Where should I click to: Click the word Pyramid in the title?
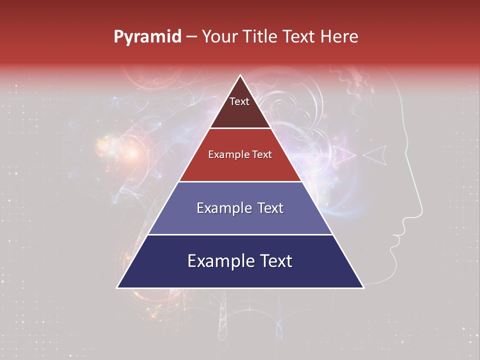click(x=147, y=37)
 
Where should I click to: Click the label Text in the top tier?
click(x=239, y=102)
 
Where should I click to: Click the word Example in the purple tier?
click(x=218, y=208)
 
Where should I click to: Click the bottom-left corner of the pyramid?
click(x=117, y=287)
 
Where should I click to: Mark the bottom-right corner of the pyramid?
click(x=363, y=287)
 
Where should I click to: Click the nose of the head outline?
click(x=421, y=207)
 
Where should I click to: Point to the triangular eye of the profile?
click(x=376, y=154)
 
